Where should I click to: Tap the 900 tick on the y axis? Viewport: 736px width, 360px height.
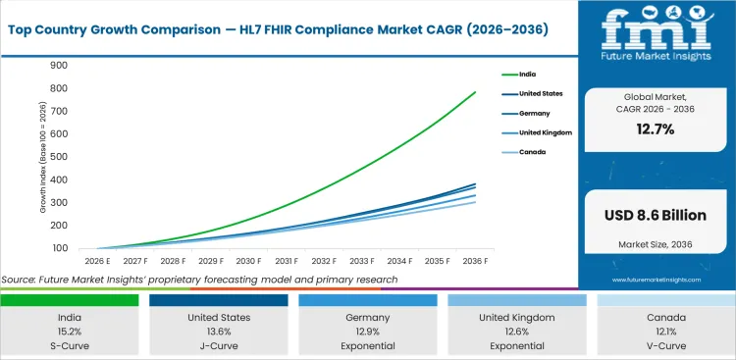click(x=60, y=66)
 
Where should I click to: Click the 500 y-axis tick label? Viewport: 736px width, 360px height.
click(x=60, y=157)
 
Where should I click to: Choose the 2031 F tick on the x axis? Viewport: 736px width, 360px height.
click(x=287, y=261)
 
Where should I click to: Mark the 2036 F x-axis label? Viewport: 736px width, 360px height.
click(x=476, y=261)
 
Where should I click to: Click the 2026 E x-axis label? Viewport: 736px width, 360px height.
click(x=98, y=261)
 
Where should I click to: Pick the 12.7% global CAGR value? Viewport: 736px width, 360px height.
click(x=656, y=130)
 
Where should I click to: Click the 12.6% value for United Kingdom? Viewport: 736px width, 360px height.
click(x=517, y=332)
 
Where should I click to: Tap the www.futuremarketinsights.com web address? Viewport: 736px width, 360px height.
click(x=656, y=280)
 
